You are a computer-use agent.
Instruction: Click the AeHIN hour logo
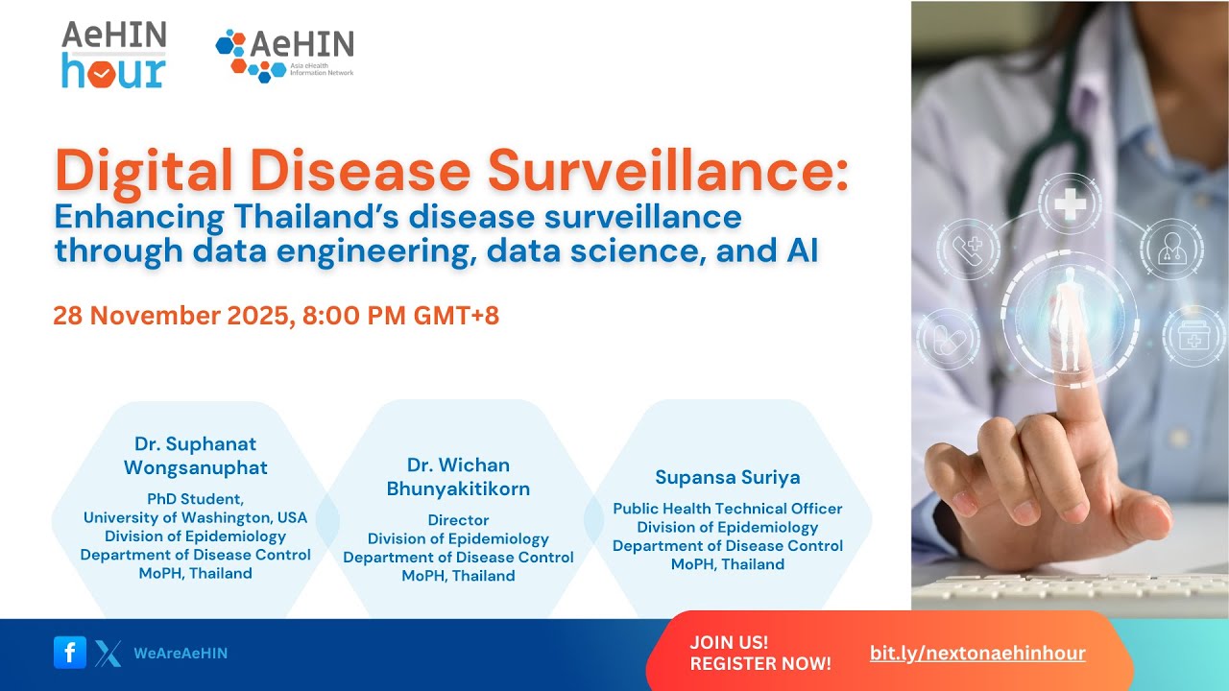pyautogui.click(x=113, y=55)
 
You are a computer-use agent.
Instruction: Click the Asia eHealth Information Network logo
pyautogui.click(x=284, y=56)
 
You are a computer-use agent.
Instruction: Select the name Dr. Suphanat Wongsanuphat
pyautogui.click(x=195, y=456)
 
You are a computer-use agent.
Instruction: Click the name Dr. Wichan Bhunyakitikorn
pyautogui.click(x=458, y=477)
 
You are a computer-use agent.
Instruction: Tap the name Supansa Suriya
pyautogui.click(x=727, y=477)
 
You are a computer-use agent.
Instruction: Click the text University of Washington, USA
pyautogui.click(x=195, y=517)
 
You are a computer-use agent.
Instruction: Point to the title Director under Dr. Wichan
pyautogui.click(x=458, y=520)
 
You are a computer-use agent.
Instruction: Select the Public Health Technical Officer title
pyautogui.click(x=727, y=509)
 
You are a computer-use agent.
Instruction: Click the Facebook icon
pyautogui.click(x=69, y=653)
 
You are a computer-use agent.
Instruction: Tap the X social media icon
pyautogui.click(x=108, y=654)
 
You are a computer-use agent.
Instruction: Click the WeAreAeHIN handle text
pyautogui.click(x=181, y=654)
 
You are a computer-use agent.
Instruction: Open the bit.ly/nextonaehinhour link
pyautogui.click(x=977, y=654)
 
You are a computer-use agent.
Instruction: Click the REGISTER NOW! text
pyautogui.click(x=760, y=663)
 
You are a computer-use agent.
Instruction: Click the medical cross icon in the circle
pyautogui.click(x=1070, y=203)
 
